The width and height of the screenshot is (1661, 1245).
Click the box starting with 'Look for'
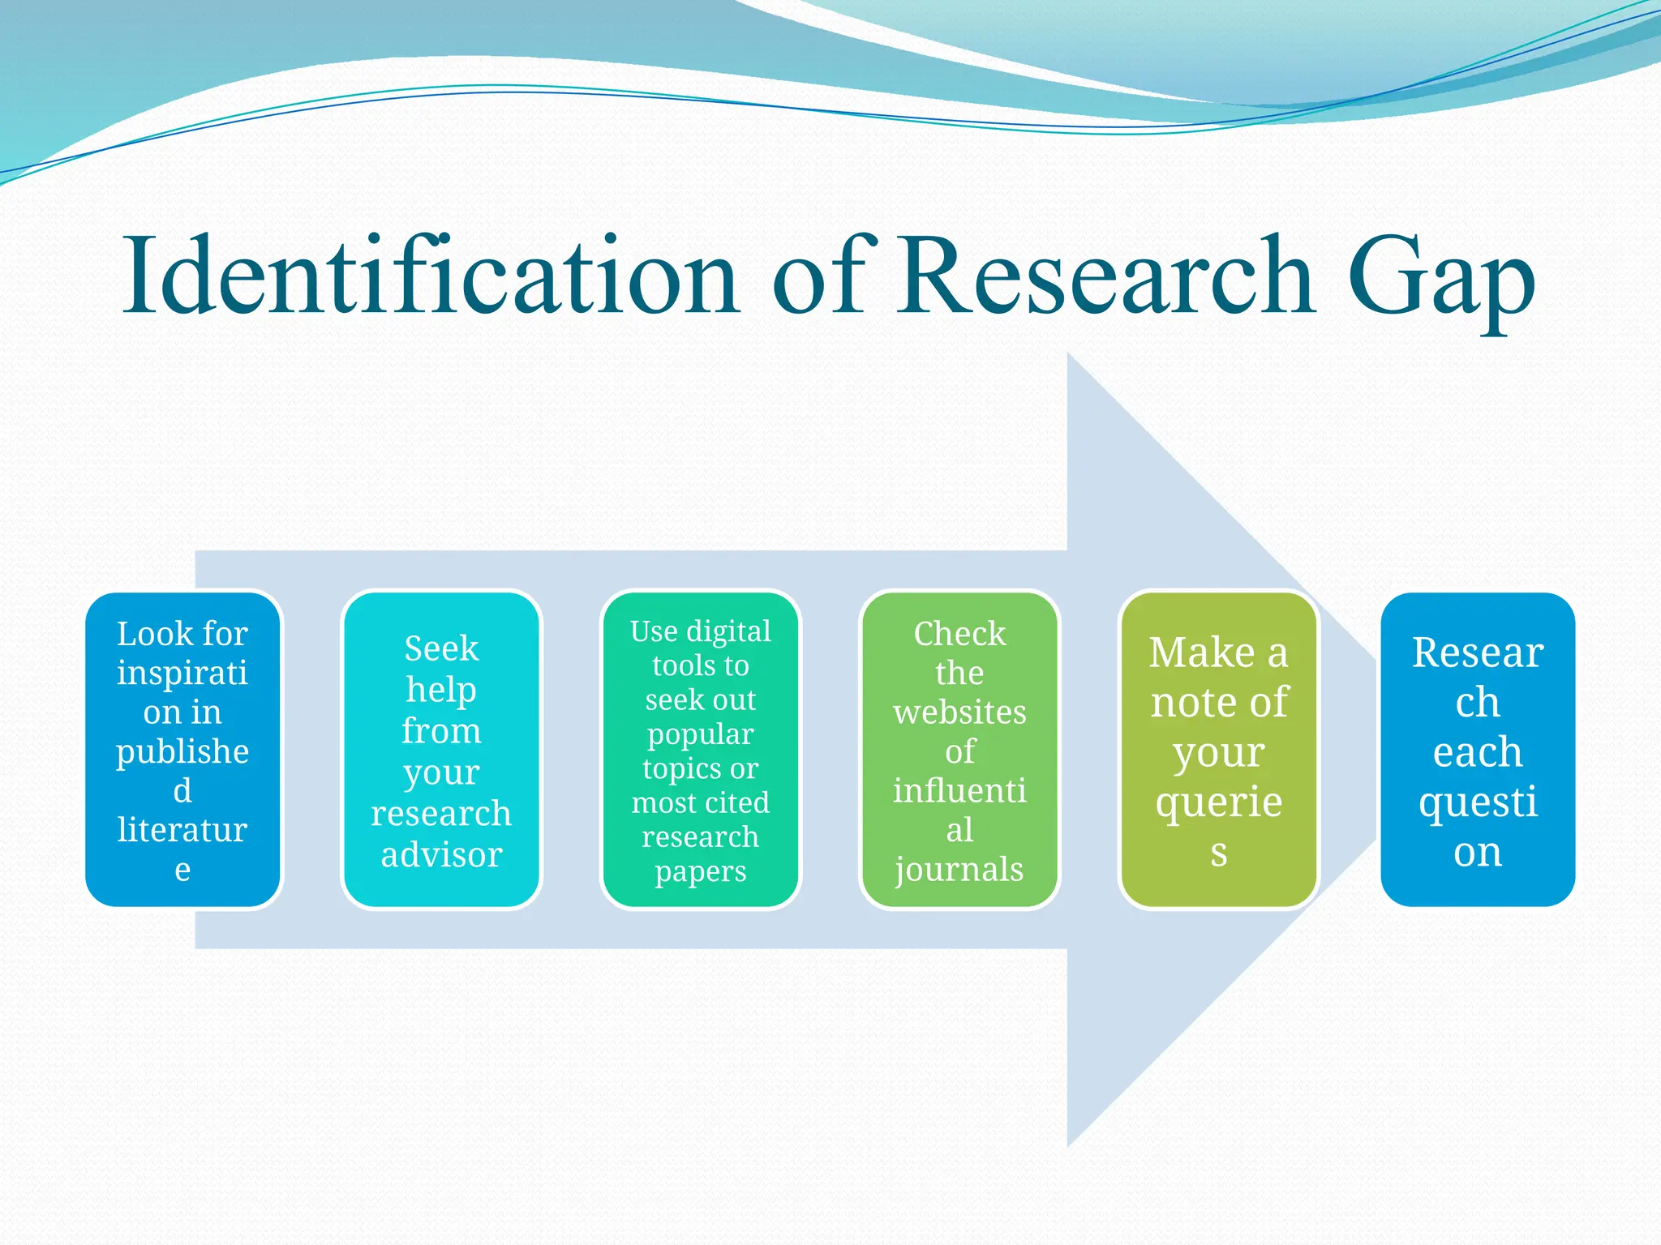click(183, 750)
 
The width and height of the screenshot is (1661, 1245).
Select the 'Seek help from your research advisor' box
click(442, 750)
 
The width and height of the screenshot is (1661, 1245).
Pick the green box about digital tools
click(701, 750)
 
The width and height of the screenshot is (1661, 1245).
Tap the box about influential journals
click(959, 750)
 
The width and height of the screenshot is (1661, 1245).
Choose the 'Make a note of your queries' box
click(1218, 750)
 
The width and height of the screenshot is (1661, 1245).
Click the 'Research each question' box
click(1478, 750)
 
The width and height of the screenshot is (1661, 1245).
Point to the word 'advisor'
click(442, 854)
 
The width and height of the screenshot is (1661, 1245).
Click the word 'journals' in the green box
click(959, 870)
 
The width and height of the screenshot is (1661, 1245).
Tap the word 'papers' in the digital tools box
click(701, 872)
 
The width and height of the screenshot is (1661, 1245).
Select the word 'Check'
click(959, 634)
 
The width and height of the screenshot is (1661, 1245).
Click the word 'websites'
click(959, 712)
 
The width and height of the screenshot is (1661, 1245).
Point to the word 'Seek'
click(442, 648)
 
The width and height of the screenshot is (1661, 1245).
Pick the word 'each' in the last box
click(1478, 751)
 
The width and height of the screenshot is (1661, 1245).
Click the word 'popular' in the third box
click(701, 734)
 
